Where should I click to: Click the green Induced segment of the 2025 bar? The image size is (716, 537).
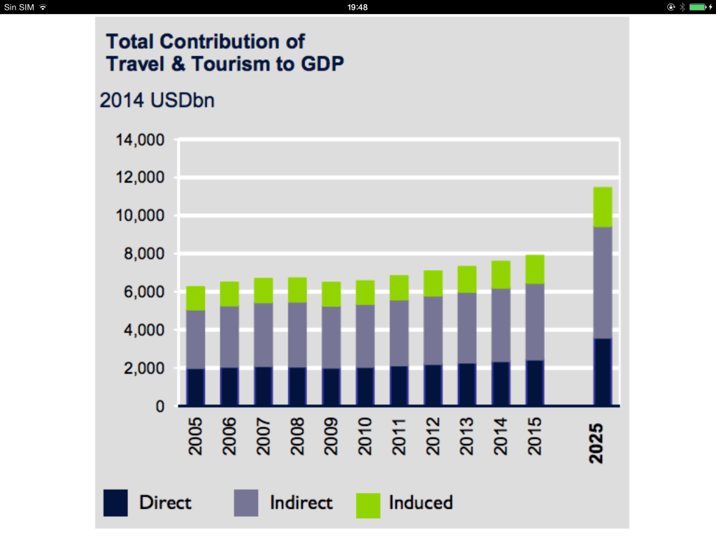[603, 207]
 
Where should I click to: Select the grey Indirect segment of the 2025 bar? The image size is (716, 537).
[603, 282]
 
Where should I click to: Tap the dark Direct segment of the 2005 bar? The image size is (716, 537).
[195, 387]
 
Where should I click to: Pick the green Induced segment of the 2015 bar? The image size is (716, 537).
[535, 269]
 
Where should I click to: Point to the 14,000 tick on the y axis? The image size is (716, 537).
[140, 140]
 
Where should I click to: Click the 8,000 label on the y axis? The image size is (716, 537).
[140, 254]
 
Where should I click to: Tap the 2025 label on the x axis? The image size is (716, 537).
[596, 443]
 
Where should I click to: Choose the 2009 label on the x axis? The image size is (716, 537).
[331, 437]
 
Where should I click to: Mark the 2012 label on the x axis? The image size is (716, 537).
[433, 437]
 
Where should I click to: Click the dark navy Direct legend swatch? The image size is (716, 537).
[115, 503]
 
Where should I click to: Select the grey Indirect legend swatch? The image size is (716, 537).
[247, 503]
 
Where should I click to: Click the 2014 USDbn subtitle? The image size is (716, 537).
[157, 100]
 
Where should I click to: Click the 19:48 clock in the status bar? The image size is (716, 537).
[357, 7]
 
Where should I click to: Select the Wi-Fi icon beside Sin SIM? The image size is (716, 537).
[43, 7]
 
